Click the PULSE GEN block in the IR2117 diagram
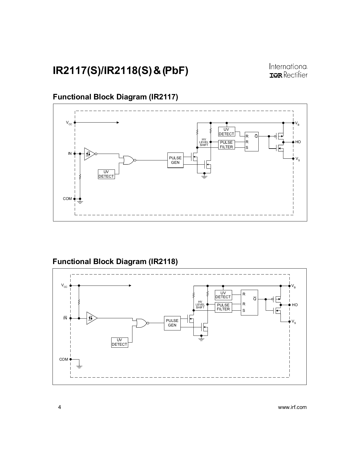pos(175,160)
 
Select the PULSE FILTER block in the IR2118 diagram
pos(223,307)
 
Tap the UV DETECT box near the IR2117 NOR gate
pos(106,174)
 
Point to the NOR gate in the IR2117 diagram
pos(128,160)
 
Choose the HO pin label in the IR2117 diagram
pos(298,142)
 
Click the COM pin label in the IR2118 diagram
pos(64,359)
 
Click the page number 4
pos(59,407)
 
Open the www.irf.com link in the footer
pos(292,407)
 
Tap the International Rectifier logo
pos(288,71)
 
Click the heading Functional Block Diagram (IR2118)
pos(115,262)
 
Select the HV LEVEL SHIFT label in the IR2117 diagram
pos(204,142)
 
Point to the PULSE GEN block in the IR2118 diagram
pos(172,323)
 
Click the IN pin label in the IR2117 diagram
pos(70,154)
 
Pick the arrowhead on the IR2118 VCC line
pos(130,286)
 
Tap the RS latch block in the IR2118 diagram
pos(249,302)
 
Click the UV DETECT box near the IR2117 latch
pos(226,132)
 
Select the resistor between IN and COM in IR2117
pos(80,177)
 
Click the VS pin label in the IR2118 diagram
pos(294,322)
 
